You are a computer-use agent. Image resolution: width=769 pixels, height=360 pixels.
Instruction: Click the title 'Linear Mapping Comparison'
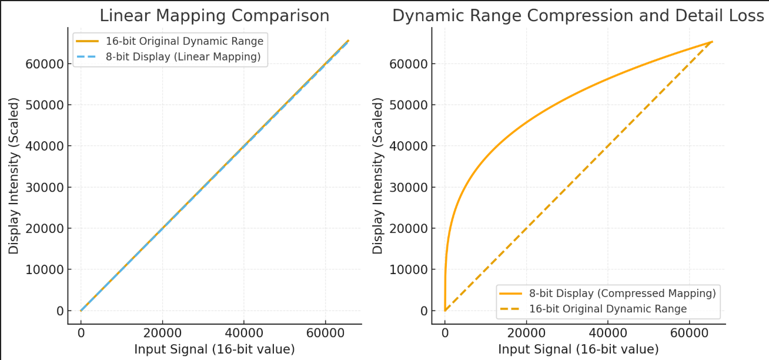coord(214,16)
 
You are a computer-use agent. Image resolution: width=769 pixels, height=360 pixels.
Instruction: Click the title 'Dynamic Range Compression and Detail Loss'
coord(578,16)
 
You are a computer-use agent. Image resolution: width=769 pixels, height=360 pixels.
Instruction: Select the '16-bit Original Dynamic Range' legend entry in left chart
coord(185,42)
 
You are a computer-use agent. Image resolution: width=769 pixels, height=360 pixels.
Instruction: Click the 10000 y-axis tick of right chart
coord(409,269)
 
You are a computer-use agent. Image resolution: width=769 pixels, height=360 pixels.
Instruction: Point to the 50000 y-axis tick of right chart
coord(409,105)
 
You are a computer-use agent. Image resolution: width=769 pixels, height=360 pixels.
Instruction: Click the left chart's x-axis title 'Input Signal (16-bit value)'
coord(214,349)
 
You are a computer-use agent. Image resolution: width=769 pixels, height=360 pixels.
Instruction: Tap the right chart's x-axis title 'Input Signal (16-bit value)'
coord(578,349)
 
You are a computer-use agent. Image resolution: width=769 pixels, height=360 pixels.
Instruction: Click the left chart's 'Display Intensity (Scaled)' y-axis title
coord(14,175)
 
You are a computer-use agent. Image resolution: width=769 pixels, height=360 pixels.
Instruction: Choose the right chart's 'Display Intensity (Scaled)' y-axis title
coord(377,175)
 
